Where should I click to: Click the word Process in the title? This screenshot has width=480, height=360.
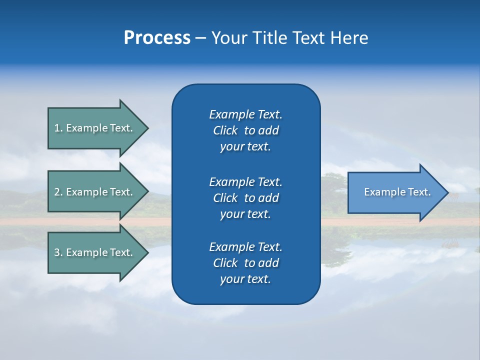pyautogui.click(x=157, y=38)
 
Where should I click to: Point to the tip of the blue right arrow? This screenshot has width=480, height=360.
pyautogui.click(x=447, y=192)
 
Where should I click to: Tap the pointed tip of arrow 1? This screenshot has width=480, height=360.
pyautogui.click(x=147, y=128)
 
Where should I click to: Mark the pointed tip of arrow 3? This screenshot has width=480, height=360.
pyautogui.click(x=147, y=252)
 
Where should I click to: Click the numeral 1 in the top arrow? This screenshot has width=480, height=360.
pyautogui.click(x=57, y=128)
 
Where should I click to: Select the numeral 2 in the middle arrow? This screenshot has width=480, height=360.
pyautogui.click(x=57, y=192)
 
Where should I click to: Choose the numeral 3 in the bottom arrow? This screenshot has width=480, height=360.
pyautogui.click(x=57, y=252)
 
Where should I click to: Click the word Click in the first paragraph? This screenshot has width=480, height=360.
pyautogui.click(x=225, y=130)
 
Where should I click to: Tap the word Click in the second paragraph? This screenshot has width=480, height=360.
pyautogui.click(x=225, y=198)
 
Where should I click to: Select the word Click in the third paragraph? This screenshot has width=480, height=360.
pyautogui.click(x=225, y=263)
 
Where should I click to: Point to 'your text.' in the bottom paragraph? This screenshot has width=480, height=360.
pyautogui.click(x=245, y=279)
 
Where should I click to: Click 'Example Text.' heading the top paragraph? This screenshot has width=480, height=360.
pyautogui.click(x=245, y=114)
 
